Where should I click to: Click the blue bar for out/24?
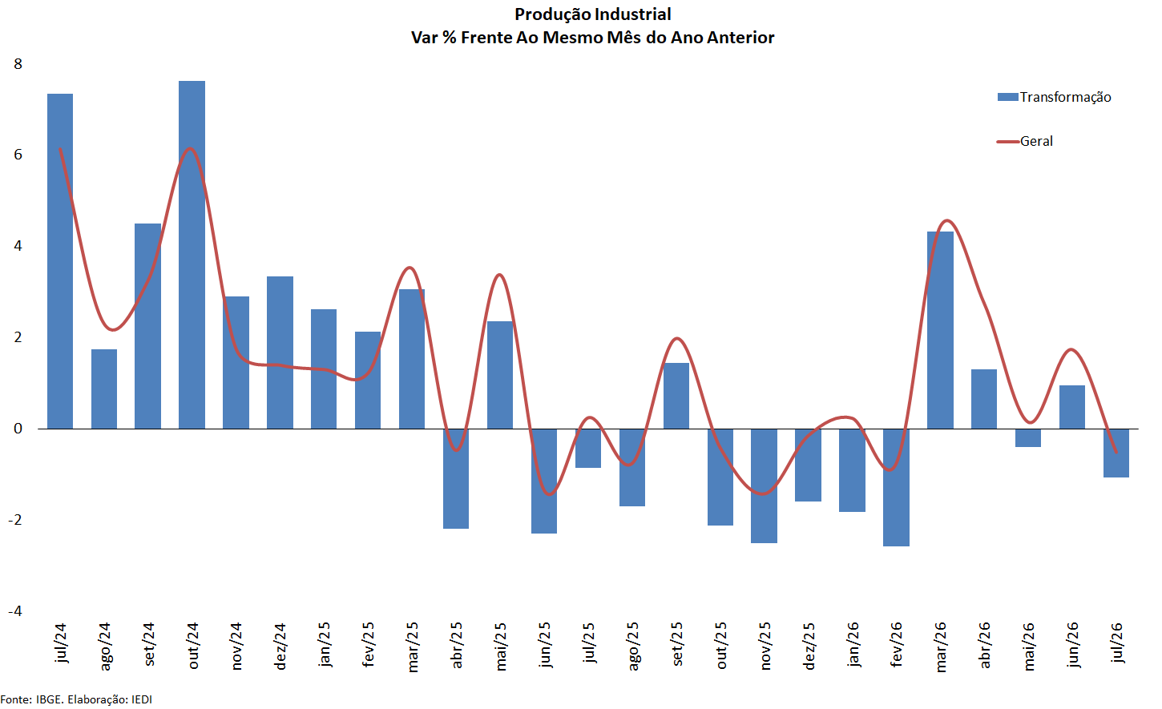pos(192,255)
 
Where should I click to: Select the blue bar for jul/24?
pos(60,261)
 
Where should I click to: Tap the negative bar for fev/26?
pos(896,488)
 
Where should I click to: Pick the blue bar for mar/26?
pos(940,330)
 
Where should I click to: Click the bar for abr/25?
pos(456,479)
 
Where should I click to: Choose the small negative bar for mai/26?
pos(1028,437)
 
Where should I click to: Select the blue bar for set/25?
pos(676,396)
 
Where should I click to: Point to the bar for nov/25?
pos(765,486)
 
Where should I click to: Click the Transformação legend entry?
pos(1054,97)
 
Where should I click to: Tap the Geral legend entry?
pos(1025,141)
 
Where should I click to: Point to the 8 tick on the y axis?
pos(18,64)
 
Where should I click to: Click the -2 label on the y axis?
pos(15,520)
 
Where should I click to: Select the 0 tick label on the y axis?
pos(18,429)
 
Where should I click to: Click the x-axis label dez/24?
pos(280,647)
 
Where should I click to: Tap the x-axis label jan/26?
pos(853,645)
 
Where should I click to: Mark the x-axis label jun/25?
pos(544,645)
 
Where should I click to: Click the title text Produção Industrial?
pos(592,14)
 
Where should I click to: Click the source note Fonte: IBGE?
pos(32,699)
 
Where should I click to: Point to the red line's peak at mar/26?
pos(947,220)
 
